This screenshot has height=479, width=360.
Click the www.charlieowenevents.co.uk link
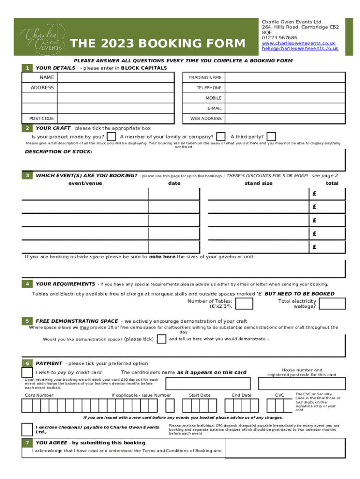298,43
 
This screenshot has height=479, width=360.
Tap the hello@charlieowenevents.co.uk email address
300,48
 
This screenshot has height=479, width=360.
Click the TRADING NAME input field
285,77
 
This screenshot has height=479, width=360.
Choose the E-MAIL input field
285,109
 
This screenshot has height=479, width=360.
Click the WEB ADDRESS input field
285,119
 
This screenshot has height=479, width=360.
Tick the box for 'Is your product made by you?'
112,137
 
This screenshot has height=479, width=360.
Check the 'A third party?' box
271,137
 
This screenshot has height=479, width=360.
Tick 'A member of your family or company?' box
221,137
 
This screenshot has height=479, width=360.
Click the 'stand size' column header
259,183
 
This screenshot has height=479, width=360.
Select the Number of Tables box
245,304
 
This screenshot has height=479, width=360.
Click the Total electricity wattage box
332,304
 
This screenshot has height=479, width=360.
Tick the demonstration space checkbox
161,339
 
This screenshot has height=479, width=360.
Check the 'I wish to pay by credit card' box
27,372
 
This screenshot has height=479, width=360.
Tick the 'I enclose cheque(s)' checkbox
27,429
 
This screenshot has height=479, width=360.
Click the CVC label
280,395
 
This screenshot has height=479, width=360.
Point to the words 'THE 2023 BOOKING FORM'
157,44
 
